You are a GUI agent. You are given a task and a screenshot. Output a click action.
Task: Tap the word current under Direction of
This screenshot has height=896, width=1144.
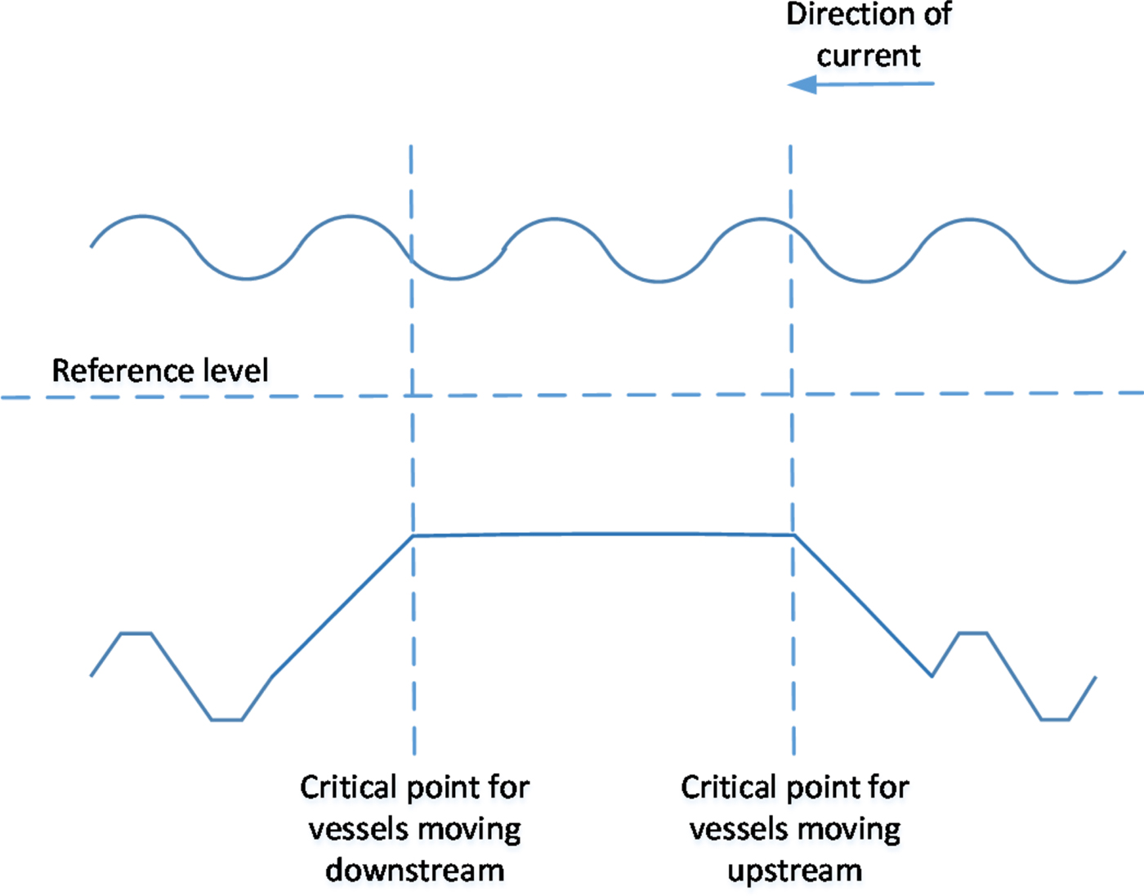point(868,56)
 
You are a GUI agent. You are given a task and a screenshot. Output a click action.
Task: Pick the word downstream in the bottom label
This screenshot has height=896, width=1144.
point(414,870)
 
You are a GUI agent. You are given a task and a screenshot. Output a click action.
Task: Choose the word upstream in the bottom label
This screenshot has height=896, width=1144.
point(794,871)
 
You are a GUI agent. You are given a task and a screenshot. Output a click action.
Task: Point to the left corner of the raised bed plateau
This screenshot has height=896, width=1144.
point(413,535)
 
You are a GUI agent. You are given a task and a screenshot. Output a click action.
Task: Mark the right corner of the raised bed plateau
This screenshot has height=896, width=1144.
point(793,535)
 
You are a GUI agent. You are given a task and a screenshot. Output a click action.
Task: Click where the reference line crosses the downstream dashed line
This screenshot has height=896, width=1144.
point(412,396)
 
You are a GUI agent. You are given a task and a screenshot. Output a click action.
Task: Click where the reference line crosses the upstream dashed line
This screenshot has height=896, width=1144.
point(791,394)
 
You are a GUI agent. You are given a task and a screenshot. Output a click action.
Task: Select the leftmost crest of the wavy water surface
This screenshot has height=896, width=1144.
point(143,217)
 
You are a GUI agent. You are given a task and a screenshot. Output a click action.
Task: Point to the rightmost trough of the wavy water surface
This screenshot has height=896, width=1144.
point(1073,282)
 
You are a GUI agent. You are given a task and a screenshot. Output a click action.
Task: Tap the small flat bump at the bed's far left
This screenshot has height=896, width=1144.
point(136,633)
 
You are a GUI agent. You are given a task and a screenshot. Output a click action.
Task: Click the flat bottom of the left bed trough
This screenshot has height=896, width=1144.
point(227,719)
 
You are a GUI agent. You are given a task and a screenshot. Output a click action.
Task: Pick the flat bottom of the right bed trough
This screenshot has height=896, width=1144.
point(1054,719)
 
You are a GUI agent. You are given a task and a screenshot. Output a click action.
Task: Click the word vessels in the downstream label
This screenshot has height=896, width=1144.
point(353,829)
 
